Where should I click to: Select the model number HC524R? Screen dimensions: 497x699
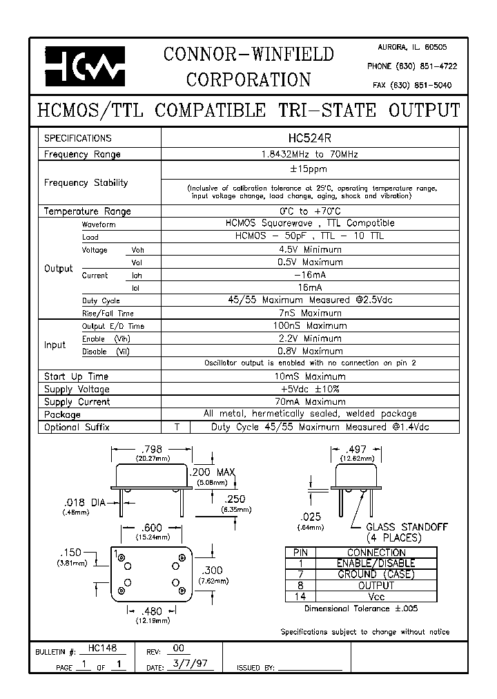(x=309, y=138)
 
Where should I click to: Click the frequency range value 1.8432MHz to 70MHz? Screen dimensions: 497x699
(x=309, y=155)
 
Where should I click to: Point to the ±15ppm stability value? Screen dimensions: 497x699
(x=309, y=169)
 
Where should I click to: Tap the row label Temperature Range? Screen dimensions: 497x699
(x=87, y=211)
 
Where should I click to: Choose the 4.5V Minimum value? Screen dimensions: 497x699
(x=309, y=249)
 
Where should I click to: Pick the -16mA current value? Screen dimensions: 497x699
(x=309, y=275)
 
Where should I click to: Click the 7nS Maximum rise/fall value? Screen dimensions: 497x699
(x=309, y=313)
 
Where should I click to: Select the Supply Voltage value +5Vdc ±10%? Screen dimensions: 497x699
(x=309, y=389)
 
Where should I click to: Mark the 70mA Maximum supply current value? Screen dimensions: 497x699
(x=309, y=401)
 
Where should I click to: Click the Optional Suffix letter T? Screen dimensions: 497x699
(x=177, y=427)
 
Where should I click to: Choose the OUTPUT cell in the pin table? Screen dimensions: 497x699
(x=376, y=585)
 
